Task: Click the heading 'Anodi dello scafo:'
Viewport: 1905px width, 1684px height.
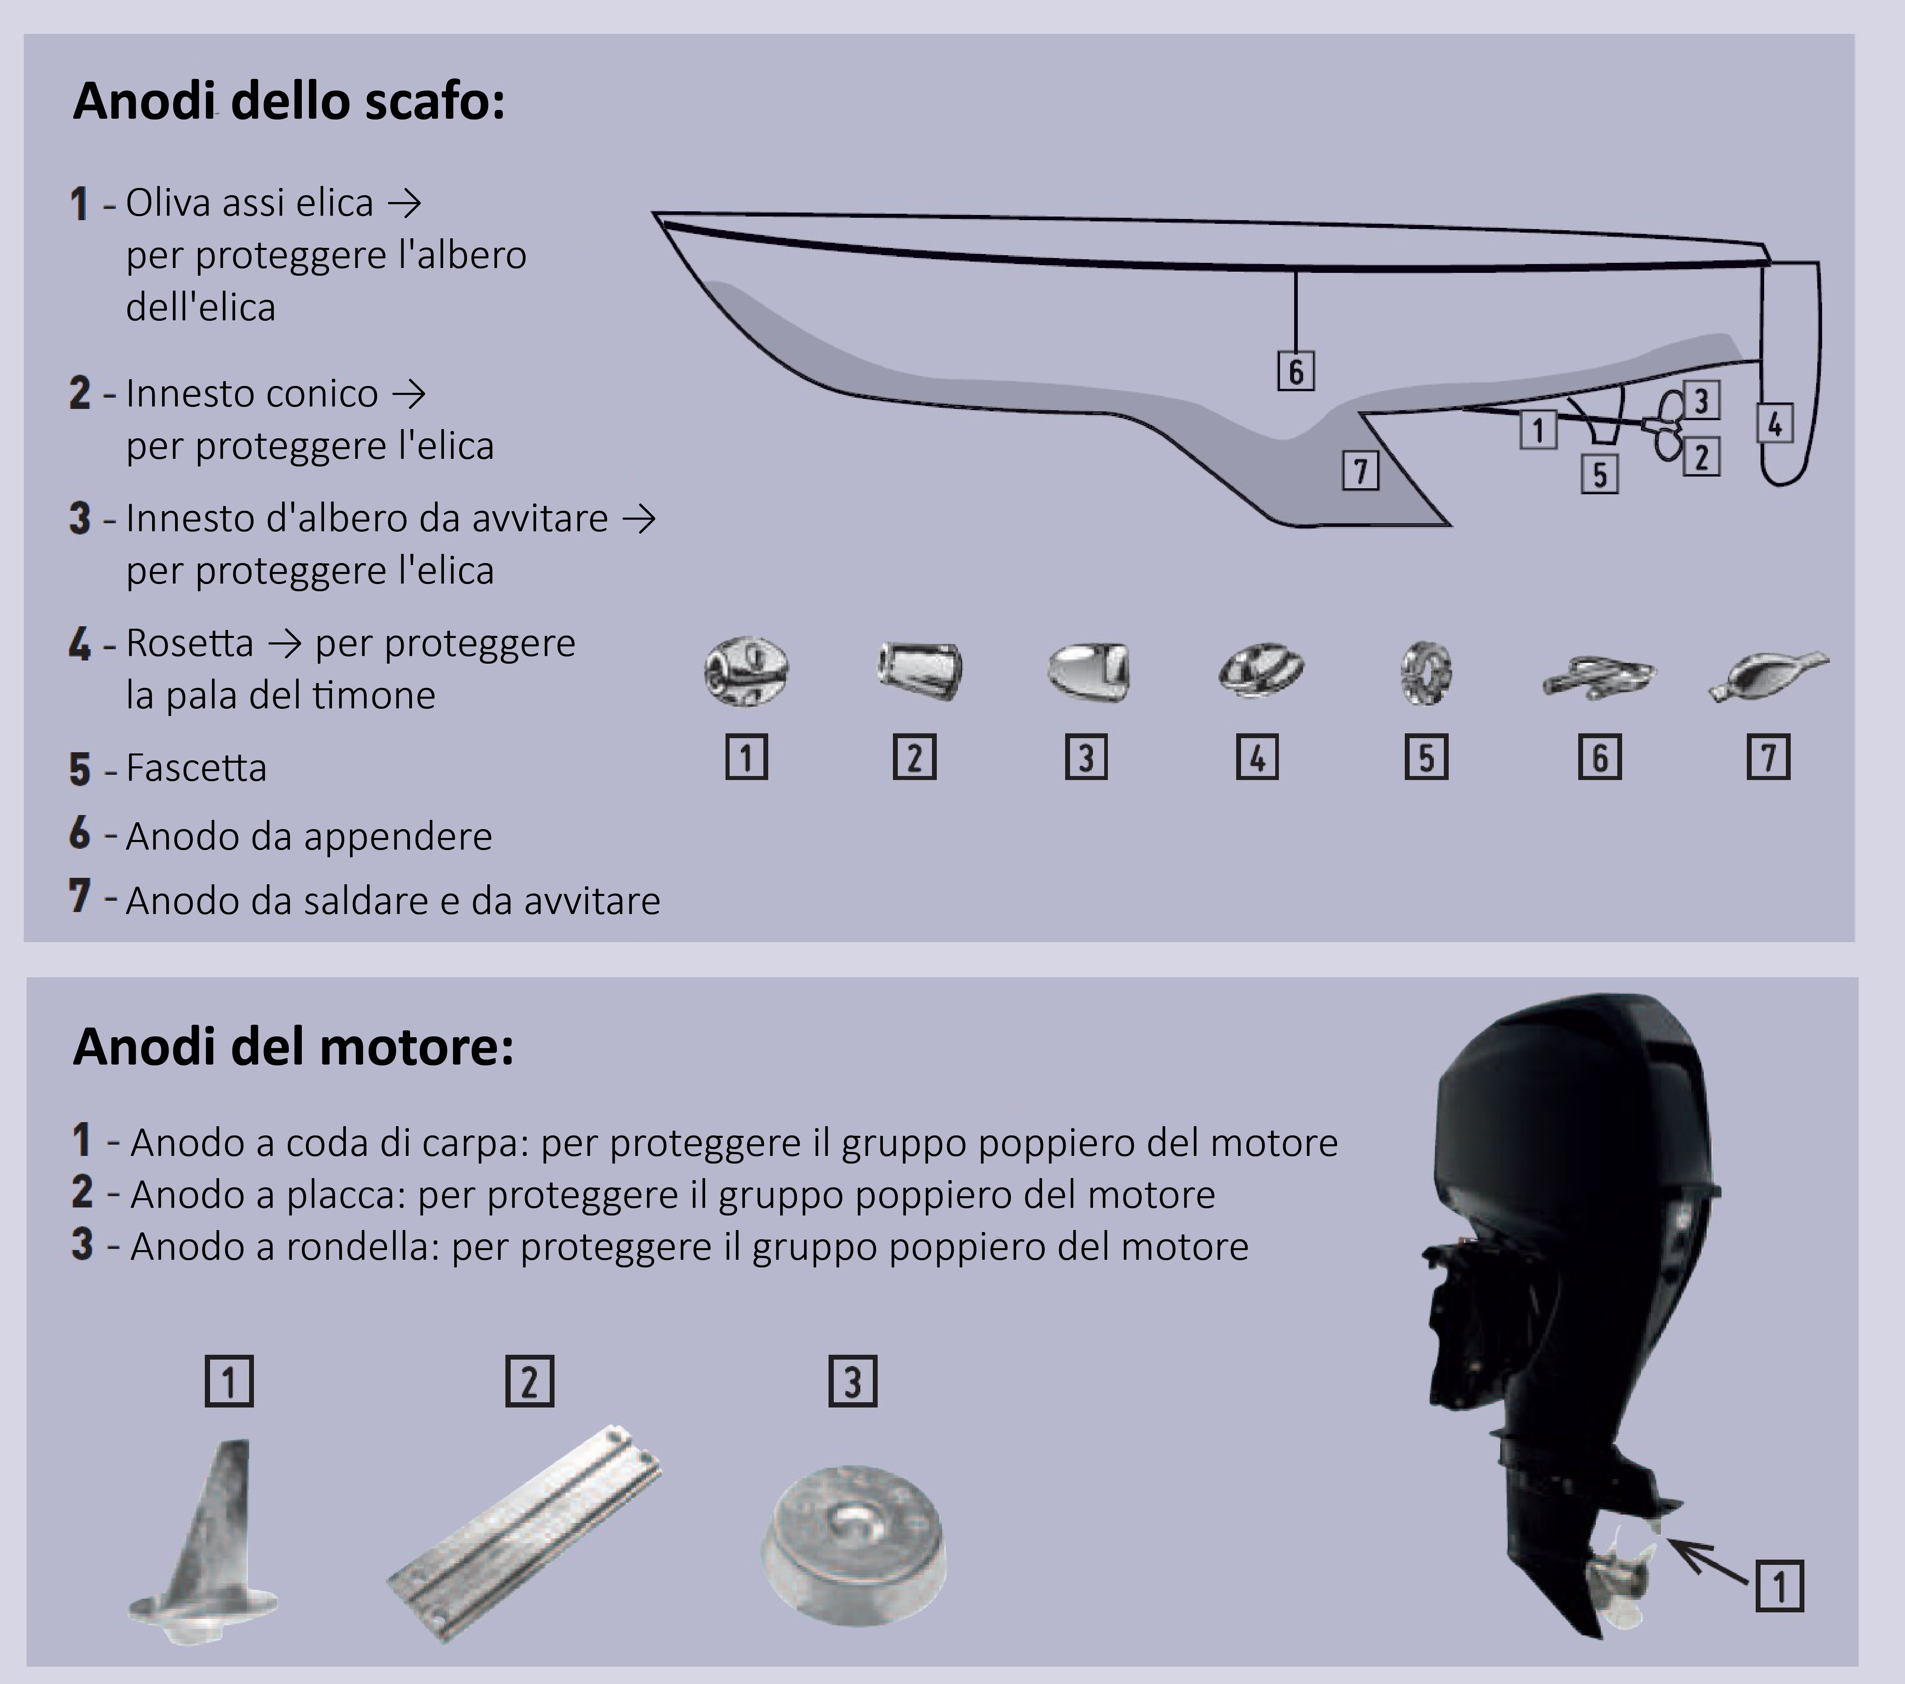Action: click(x=289, y=101)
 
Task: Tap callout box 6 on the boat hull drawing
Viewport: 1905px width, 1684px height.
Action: click(x=1295, y=371)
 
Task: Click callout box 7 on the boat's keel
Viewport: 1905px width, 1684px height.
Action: click(x=1360, y=471)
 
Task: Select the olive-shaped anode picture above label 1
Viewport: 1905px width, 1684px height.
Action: click(x=746, y=671)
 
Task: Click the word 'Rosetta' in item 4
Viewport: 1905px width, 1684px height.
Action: click(x=189, y=643)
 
